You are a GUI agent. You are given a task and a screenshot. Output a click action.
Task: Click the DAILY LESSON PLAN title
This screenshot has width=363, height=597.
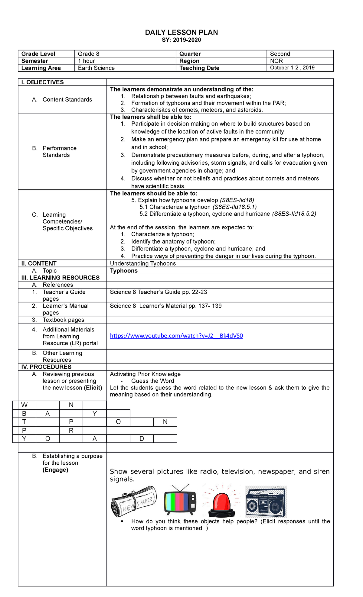click(181, 32)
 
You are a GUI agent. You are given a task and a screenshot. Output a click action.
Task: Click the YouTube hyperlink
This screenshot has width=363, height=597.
click(176, 336)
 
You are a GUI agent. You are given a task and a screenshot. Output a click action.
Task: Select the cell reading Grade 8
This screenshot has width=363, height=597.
click(89, 54)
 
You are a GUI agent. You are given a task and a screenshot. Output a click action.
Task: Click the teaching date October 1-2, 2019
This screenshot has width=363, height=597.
click(292, 68)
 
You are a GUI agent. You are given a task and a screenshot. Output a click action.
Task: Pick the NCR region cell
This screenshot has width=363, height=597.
click(276, 61)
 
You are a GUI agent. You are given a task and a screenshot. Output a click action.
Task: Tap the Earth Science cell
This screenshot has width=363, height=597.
click(96, 68)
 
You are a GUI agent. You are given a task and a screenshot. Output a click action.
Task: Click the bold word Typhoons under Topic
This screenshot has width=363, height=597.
click(124, 271)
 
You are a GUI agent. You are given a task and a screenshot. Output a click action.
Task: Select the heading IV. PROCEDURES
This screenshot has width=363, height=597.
click(46, 367)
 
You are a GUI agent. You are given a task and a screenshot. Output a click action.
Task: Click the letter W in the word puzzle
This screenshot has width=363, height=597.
click(24, 405)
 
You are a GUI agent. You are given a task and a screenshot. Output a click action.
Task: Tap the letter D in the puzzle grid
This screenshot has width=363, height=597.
click(142, 438)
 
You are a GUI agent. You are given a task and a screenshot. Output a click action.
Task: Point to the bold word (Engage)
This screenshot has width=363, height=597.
click(55, 470)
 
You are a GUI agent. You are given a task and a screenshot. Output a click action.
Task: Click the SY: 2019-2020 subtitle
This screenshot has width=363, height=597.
click(181, 40)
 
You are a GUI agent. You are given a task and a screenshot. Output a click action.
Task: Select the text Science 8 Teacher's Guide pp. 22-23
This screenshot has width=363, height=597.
click(159, 292)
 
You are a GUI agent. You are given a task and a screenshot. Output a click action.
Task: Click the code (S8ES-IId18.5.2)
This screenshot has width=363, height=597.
click(294, 214)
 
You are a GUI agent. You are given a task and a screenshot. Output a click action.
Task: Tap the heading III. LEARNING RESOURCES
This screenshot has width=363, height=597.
click(60, 278)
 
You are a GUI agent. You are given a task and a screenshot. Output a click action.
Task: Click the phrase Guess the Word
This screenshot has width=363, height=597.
click(152, 381)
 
